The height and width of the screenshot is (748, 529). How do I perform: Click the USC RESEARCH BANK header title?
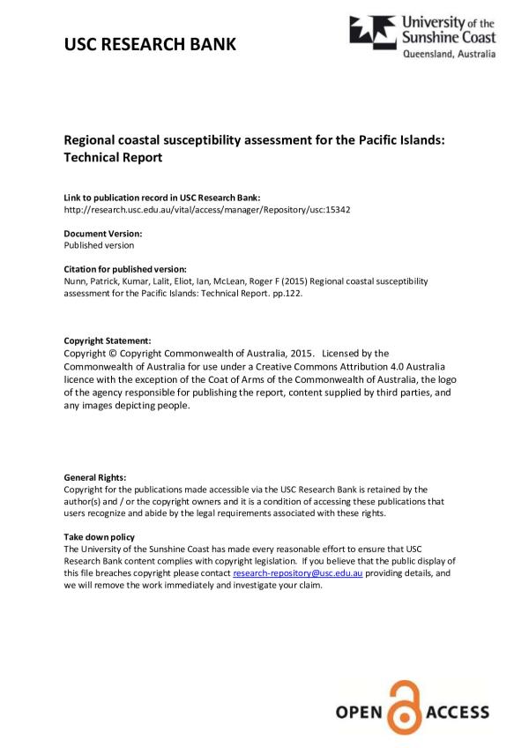click(x=150, y=44)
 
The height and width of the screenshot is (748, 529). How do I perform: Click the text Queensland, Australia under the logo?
click(x=449, y=55)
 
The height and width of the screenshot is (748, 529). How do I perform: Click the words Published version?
click(x=99, y=245)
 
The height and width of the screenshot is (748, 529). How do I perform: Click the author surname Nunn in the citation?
click(x=76, y=280)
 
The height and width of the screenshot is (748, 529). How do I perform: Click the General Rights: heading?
click(x=95, y=477)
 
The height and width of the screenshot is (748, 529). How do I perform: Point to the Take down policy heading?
click(x=100, y=537)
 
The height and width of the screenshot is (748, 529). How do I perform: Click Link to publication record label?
click(x=161, y=198)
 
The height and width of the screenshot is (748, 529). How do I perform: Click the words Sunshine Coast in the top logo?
click(x=449, y=37)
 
